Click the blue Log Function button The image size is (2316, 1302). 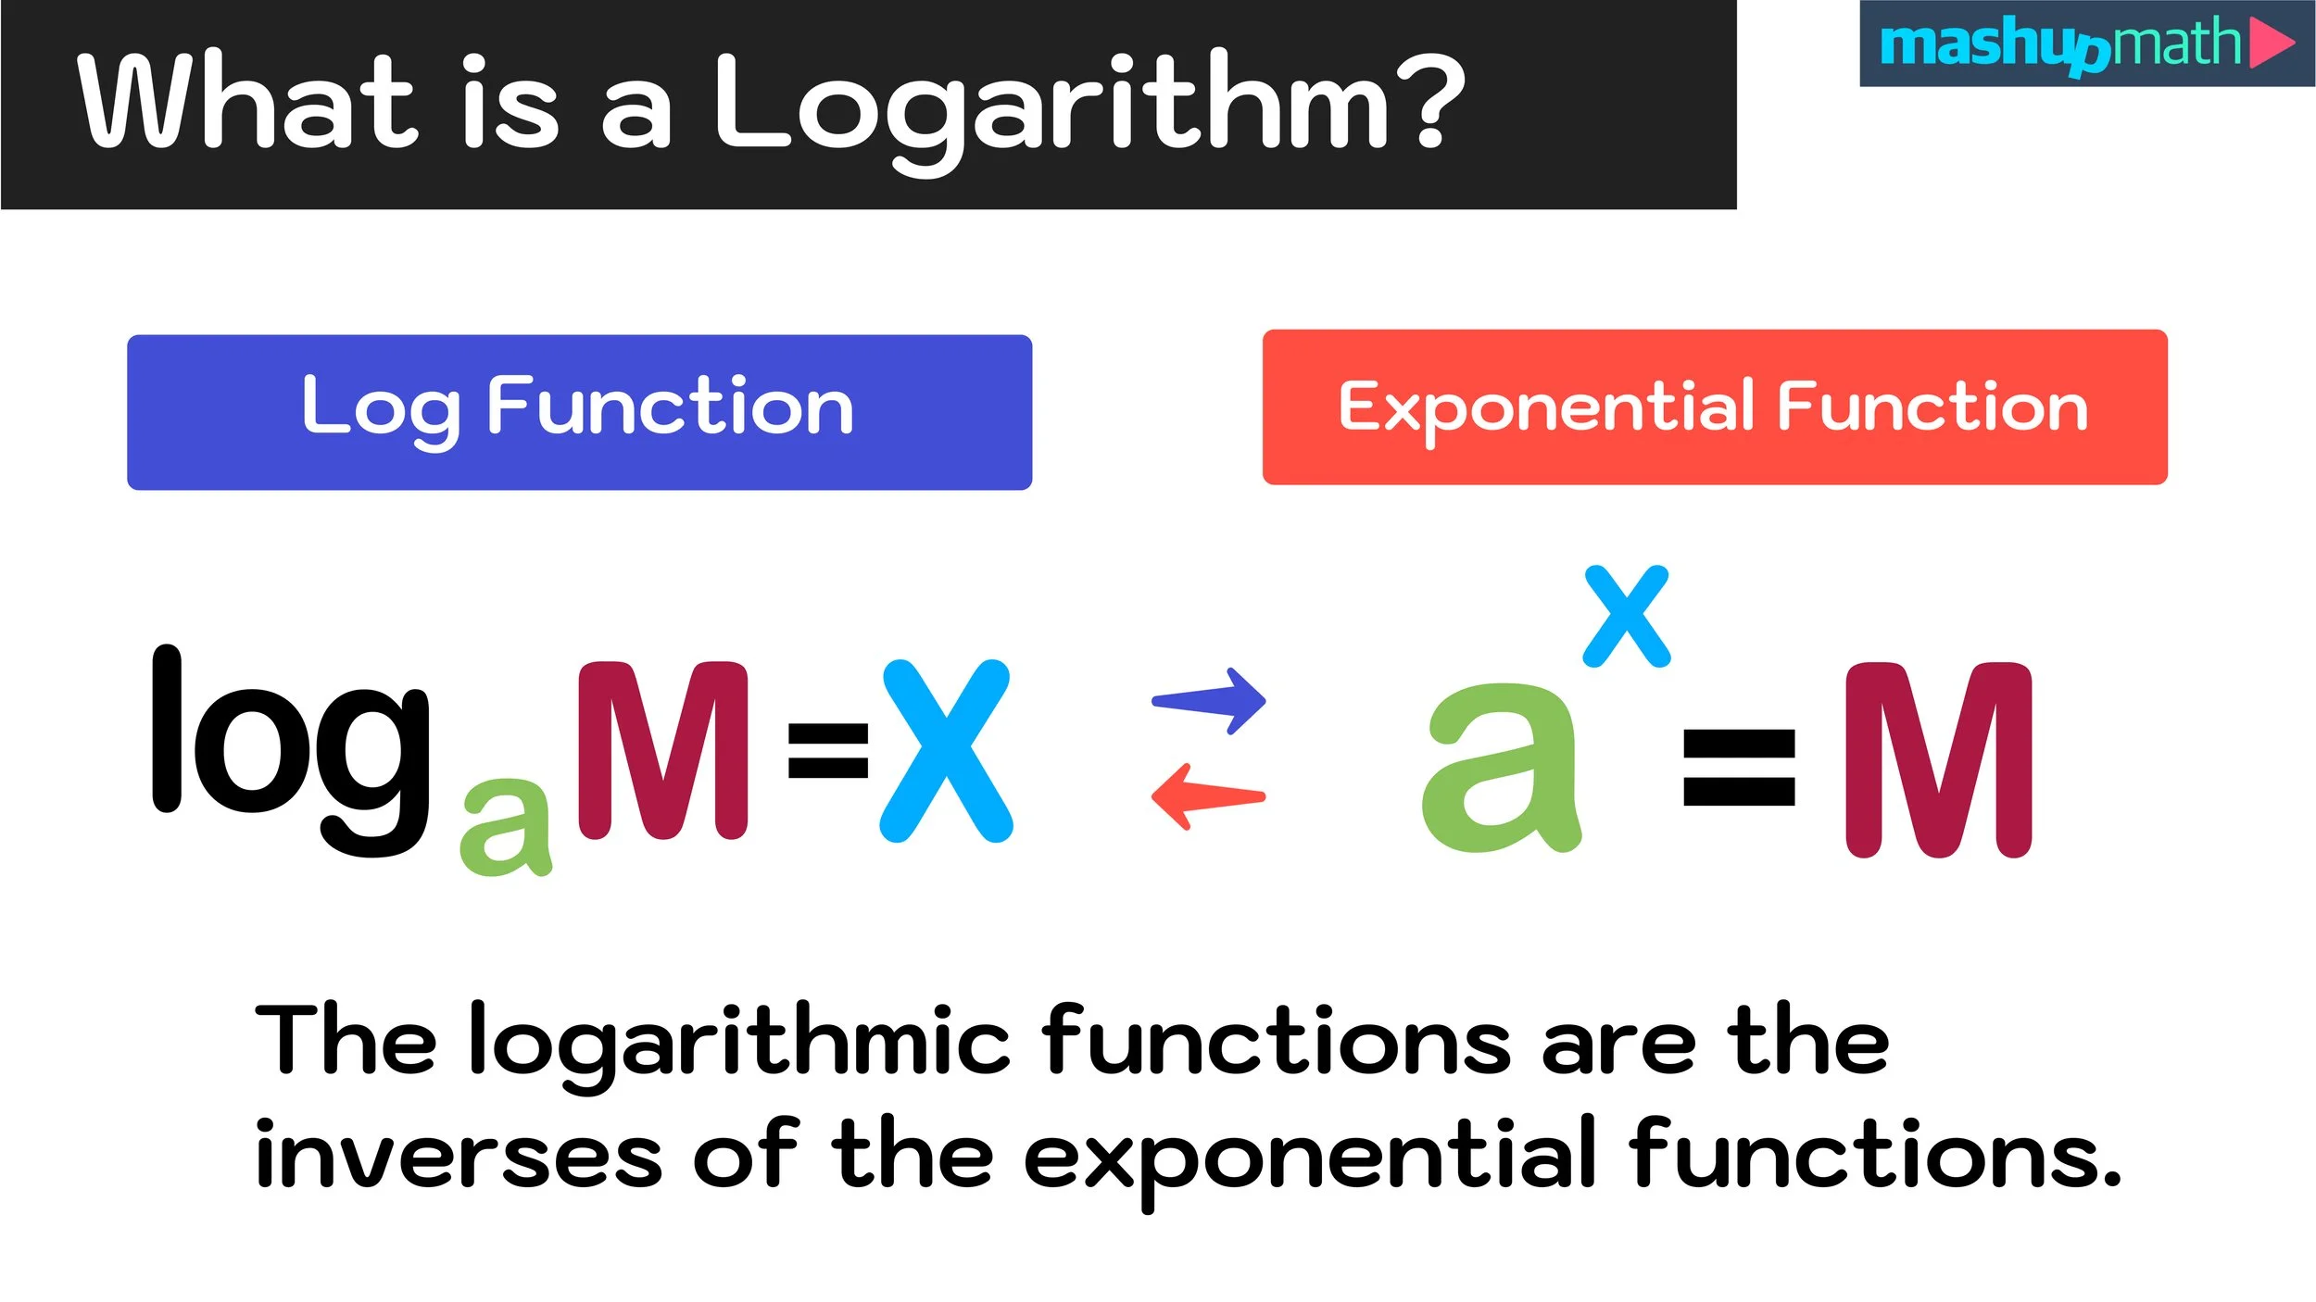pos(579,412)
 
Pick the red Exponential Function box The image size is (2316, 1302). pos(1715,407)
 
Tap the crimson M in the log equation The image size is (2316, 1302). pos(661,750)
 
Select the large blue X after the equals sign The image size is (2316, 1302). pos(945,750)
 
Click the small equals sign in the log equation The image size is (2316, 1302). pos(827,750)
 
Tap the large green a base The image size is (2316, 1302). pos(1501,769)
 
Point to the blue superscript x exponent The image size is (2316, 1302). pos(1627,616)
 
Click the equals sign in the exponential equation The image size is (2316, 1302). pos(1739,768)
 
